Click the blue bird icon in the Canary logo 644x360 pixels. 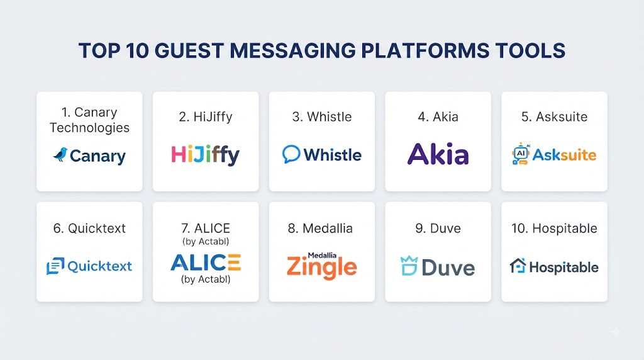click(x=60, y=155)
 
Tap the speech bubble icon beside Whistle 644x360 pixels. click(x=291, y=155)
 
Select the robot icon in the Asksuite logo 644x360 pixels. click(x=520, y=154)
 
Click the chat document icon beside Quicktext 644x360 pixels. click(x=55, y=266)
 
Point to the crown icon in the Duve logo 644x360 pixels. click(x=409, y=266)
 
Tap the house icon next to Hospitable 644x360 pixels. click(x=518, y=266)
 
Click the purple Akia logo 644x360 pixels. click(x=438, y=154)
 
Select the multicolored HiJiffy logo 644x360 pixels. click(x=206, y=155)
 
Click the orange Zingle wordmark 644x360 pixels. click(x=321, y=268)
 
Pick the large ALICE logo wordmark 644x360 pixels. click(x=206, y=262)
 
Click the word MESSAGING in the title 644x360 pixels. click(x=292, y=50)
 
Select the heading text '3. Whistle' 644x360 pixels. click(x=322, y=116)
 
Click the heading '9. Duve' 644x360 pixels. click(x=438, y=228)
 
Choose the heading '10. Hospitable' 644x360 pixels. click(x=554, y=228)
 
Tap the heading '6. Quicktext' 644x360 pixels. click(x=89, y=228)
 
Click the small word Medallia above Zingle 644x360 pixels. click(x=322, y=255)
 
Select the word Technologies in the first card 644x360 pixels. click(x=89, y=128)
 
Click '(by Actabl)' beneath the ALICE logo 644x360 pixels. click(x=206, y=279)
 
